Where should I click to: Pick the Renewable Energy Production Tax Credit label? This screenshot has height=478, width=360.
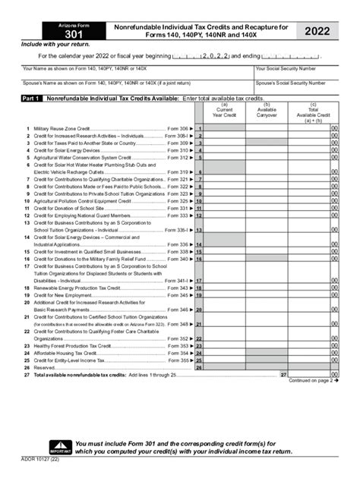pyautogui.click(x=71, y=288)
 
